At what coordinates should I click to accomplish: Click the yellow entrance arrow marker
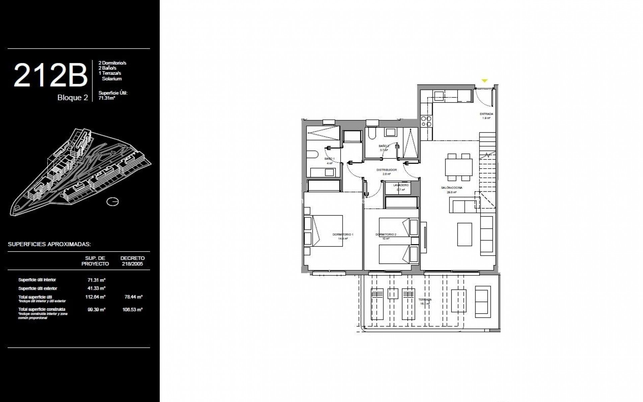[485, 81]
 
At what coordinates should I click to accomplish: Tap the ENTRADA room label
[486, 114]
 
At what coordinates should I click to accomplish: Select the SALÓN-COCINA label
[451, 188]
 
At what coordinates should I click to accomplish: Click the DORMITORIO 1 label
[343, 234]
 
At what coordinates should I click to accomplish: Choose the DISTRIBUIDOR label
[386, 170]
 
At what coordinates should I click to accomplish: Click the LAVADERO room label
[401, 185]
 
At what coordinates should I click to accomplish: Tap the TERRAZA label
[425, 300]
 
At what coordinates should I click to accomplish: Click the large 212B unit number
[50, 76]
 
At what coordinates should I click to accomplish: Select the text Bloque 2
[73, 97]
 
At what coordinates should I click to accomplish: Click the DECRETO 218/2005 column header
[133, 261]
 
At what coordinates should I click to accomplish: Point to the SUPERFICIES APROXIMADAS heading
[49, 244]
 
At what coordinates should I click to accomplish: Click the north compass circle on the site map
[113, 202]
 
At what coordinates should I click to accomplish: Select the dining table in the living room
[458, 167]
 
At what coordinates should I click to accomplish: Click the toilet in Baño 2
[371, 134]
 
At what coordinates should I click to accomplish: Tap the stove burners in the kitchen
[426, 121]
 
